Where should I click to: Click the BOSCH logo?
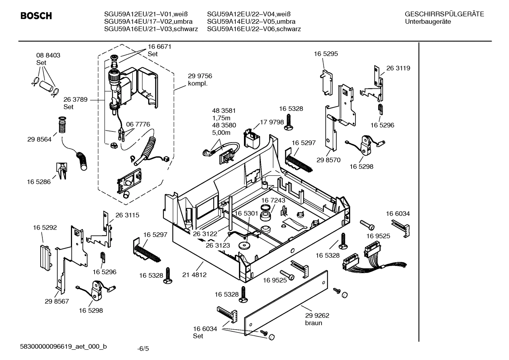[x=36, y=16]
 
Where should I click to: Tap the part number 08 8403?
[x=48, y=55]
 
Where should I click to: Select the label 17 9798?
[x=272, y=122]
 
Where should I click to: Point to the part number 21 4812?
[x=194, y=275]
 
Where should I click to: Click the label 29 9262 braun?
[x=317, y=319]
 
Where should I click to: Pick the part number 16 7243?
[x=273, y=200]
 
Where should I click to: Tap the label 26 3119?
[x=398, y=68]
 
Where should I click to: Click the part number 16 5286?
[x=39, y=182]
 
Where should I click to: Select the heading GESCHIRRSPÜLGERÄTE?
[x=444, y=14]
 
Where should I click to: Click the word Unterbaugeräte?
[x=428, y=22]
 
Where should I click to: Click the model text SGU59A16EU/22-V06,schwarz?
[x=254, y=29]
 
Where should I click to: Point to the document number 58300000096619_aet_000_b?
[x=64, y=347]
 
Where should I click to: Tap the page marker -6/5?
[x=143, y=349]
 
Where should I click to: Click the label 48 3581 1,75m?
[x=224, y=114]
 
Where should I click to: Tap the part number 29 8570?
[x=328, y=160]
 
